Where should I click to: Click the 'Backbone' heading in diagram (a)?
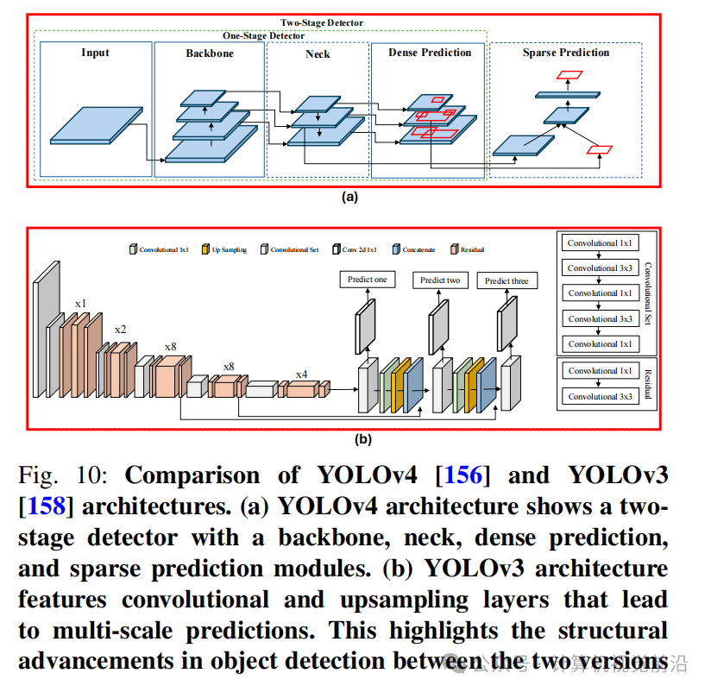point(209,53)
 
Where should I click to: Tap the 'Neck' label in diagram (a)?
point(318,53)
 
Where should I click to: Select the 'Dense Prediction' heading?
point(430,53)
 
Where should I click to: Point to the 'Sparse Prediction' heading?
point(565,53)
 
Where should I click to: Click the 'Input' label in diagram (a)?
point(95,53)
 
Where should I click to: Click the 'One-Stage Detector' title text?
point(263,35)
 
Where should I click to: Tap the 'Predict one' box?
point(367,280)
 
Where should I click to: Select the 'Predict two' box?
point(439,280)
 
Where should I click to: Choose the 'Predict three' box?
point(507,280)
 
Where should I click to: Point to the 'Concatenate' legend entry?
point(417,250)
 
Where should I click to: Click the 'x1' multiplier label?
point(80,304)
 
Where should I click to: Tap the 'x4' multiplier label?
point(301,374)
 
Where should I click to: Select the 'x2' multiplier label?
point(121,330)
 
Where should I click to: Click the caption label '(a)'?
point(349,197)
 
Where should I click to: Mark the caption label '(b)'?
point(363,439)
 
